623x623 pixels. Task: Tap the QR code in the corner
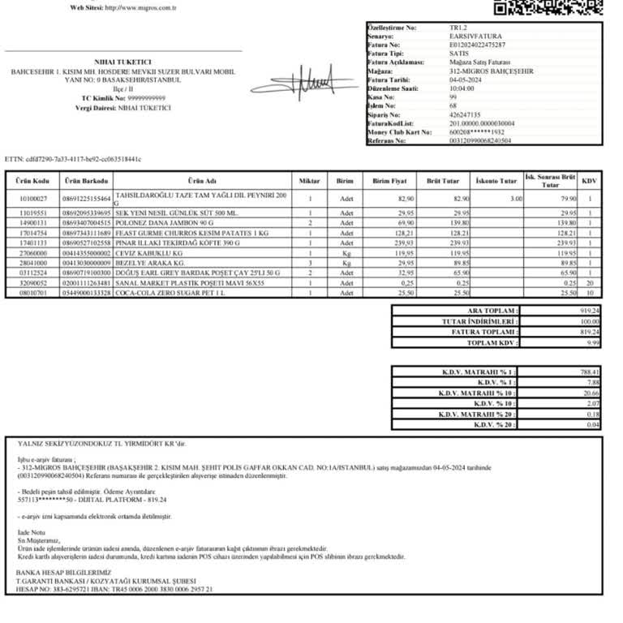coord(548,6)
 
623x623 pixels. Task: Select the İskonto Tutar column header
coord(496,181)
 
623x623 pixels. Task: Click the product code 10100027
coord(33,199)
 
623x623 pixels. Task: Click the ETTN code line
coord(73,159)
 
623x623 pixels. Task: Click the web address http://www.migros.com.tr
coord(123,7)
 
